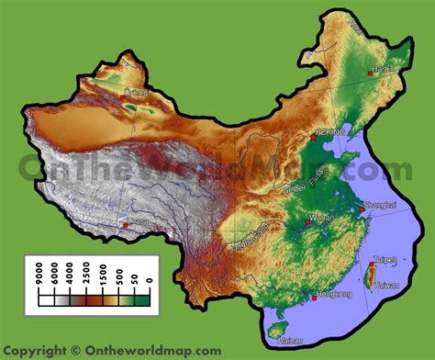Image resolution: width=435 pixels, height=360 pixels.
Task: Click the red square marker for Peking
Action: click(x=313, y=135)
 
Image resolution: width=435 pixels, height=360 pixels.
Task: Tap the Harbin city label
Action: click(x=385, y=67)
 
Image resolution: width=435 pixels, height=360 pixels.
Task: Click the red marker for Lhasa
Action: click(x=125, y=225)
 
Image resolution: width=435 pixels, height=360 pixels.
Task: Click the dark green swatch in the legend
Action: click(x=143, y=298)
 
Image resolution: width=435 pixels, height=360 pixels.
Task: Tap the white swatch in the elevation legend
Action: click(x=47, y=298)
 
